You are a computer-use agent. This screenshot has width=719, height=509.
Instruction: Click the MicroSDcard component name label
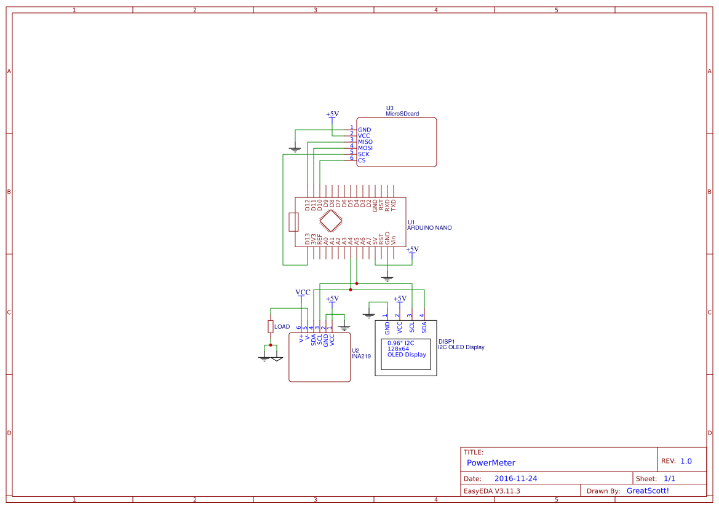click(x=402, y=114)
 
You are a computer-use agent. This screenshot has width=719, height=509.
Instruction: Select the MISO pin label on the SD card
click(x=365, y=142)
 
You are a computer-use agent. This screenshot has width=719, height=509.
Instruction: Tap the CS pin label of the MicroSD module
click(x=362, y=160)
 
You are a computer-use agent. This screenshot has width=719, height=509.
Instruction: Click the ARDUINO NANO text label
click(x=429, y=228)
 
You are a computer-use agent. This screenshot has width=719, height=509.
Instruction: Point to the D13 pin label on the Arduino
click(x=308, y=239)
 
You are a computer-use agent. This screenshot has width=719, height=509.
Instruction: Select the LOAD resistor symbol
click(x=270, y=326)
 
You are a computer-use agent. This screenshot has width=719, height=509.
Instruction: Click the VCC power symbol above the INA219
click(x=302, y=293)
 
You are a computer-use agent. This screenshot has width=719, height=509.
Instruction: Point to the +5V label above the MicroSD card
click(x=332, y=114)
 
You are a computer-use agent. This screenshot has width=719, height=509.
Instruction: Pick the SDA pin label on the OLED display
click(x=424, y=327)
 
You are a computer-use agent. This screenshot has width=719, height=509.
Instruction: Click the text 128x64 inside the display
click(x=398, y=349)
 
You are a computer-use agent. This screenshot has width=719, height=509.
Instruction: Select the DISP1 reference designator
click(x=447, y=341)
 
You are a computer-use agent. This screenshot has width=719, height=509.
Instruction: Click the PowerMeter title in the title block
click(x=491, y=463)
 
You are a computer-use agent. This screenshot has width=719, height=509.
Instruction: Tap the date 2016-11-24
click(x=516, y=478)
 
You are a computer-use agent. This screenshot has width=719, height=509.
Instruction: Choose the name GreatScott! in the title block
click(x=647, y=491)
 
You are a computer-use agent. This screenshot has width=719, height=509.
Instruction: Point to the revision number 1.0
click(x=686, y=461)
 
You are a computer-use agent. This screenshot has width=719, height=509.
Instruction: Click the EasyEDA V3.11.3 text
click(x=491, y=491)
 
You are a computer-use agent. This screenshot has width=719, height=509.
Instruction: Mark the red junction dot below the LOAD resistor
click(x=270, y=345)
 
